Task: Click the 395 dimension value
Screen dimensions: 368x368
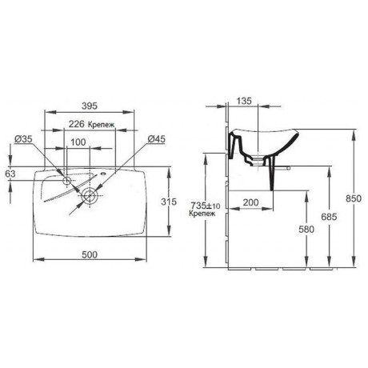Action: point(90,106)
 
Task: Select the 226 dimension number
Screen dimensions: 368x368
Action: point(77,124)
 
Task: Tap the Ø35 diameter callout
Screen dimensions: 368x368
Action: point(23,139)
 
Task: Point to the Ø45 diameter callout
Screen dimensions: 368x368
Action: point(157,139)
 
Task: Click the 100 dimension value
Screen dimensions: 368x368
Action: point(78,142)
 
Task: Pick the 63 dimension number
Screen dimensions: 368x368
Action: point(10,174)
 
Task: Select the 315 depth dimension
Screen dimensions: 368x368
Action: point(169,202)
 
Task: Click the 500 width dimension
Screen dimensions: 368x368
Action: point(90,254)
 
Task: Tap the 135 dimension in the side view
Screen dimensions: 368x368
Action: point(244,101)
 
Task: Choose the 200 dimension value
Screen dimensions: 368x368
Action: point(250,202)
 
